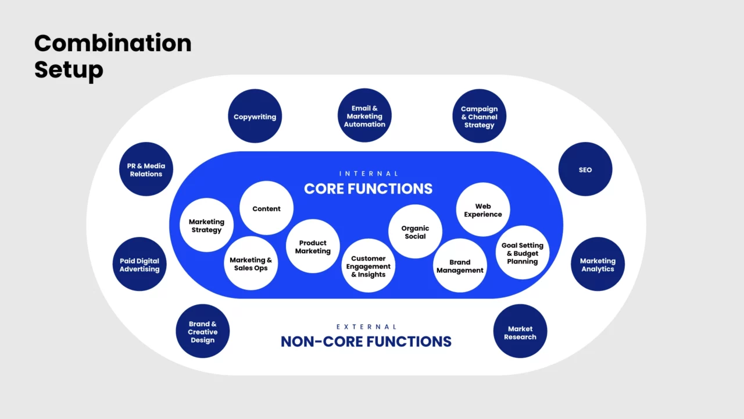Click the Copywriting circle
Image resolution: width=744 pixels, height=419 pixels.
click(255, 116)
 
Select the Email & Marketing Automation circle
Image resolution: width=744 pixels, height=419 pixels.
click(364, 115)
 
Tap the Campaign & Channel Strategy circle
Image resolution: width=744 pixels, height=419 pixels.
click(479, 116)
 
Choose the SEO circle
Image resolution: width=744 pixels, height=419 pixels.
click(585, 169)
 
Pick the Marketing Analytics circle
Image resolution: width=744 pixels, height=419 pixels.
click(597, 264)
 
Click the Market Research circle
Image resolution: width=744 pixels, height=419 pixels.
click(520, 332)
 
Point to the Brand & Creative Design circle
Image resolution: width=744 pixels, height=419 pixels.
click(202, 332)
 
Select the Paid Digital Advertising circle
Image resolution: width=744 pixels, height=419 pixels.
click(139, 264)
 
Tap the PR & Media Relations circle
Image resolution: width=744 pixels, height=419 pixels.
click(146, 169)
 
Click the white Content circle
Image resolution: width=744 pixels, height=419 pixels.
click(266, 208)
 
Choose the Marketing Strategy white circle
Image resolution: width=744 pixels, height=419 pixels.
click(206, 225)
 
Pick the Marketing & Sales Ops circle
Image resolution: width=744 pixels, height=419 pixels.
click(251, 264)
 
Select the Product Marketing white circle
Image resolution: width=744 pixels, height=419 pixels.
click(313, 246)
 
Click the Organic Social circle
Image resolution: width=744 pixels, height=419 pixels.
click(415, 232)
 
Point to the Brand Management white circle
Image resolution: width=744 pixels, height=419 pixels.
click(460, 265)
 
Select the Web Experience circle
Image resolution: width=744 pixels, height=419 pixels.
click(482, 210)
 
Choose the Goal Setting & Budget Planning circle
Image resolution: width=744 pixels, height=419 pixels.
click(522, 253)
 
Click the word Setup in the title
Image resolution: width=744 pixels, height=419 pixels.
click(69, 69)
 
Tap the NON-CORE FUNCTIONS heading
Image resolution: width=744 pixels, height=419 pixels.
click(366, 342)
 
